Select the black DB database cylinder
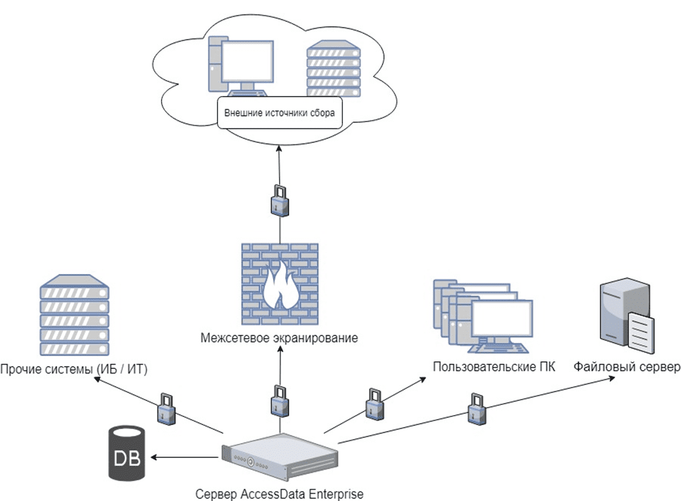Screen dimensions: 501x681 click(x=126, y=455)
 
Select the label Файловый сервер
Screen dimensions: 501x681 click(x=627, y=367)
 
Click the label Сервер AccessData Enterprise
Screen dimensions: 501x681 click(x=279, y=494)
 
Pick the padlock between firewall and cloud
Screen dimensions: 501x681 click(x=279, y=199)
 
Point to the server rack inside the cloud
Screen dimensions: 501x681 click(x=333, y=70)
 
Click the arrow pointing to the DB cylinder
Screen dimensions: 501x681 click(x=185, y=457)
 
